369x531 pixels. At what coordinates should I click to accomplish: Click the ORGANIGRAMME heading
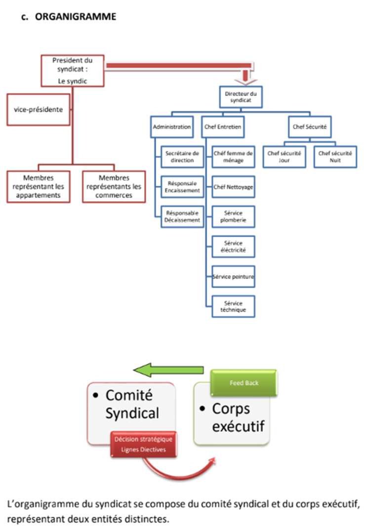click(x=76, y=17)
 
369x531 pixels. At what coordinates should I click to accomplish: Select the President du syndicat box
click(x=72, y=70)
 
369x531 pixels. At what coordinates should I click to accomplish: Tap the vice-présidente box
click(x=38, y=109)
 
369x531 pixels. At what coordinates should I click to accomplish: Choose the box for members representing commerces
click(x=114, y=187)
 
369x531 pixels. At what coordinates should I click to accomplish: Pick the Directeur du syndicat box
click(x=241, y=96)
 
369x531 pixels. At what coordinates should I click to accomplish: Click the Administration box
click(x=172, y=127)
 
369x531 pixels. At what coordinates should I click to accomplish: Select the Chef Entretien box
click(x=223, y=127)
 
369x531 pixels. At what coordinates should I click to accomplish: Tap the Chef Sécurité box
click(x=309, y=127)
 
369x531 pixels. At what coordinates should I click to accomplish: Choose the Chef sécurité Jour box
click(x=284, y=157)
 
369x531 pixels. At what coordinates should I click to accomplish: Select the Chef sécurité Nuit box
click(x=335, y=157)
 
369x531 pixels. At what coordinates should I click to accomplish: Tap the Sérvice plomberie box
click(x=233, y=216)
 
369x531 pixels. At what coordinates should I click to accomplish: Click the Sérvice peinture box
click(x=233, y=277)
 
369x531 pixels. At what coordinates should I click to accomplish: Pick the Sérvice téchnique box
click(x=233, y=306)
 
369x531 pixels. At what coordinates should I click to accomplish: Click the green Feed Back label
click(x=244, y=383)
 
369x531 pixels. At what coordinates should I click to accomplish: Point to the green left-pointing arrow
click(x=168, y=370)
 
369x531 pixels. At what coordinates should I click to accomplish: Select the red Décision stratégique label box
click(x=144, y=444)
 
